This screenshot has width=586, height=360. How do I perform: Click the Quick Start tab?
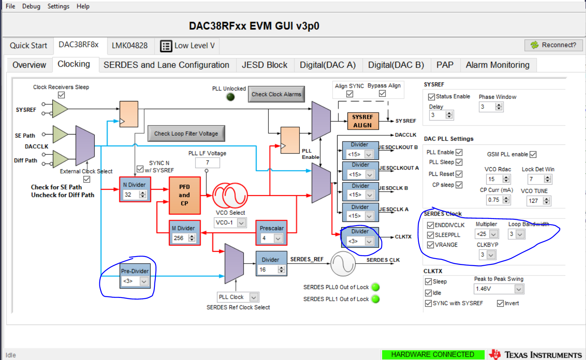[x=28, y=46]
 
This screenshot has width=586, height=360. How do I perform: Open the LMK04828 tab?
[x=129, y=46]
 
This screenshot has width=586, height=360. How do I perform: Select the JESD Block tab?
[x=264, y=65]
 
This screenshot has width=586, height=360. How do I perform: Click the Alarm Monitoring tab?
[x=497, y=65]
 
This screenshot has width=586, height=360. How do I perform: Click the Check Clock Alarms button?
[x=276, y=94]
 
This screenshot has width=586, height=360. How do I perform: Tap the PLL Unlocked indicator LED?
[x=231, y=97]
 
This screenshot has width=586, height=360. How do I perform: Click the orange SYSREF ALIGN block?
[x=362, y=121]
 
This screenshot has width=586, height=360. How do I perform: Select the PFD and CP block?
[x=184, y=195]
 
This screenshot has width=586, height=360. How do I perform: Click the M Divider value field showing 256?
[x=179, y=238]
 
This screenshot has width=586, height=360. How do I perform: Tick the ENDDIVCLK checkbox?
[x=431, y=225]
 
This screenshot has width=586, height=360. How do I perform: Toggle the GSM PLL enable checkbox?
[x=533, y=154]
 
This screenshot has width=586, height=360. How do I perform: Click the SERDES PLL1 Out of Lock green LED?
[x=376, y=299]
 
